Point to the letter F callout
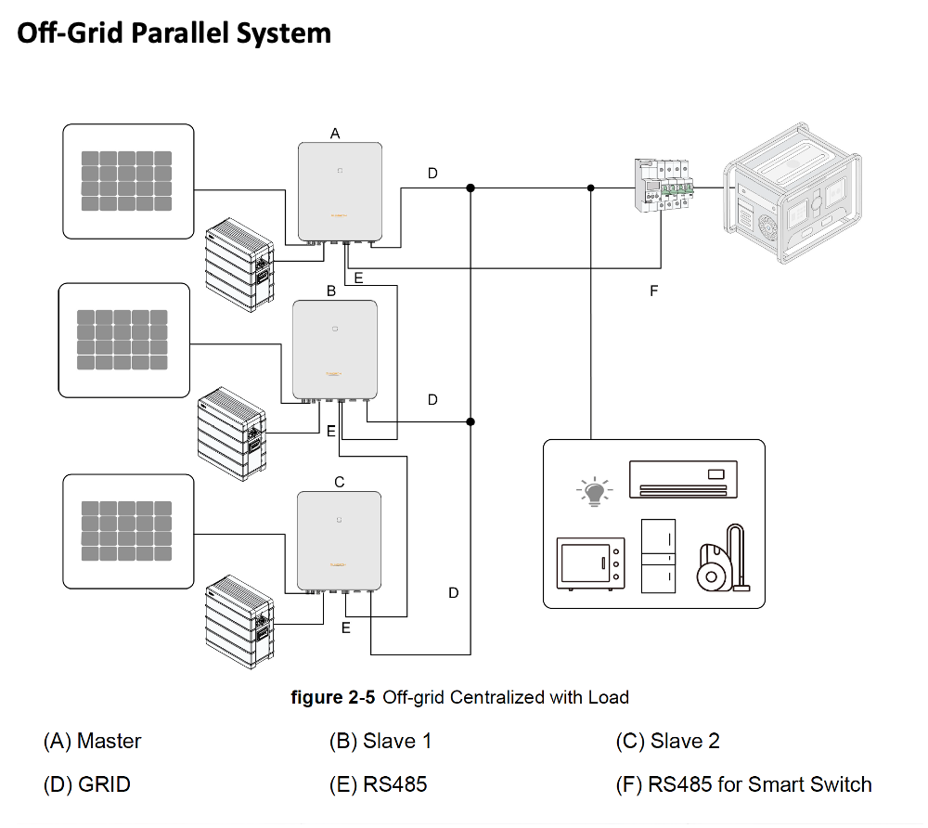click(653, 291)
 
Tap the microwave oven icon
click(588, 563)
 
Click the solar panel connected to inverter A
click(128, 182)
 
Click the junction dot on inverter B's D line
click(470, 422)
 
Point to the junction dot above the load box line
click(591, 188)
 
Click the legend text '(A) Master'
click(93, 741)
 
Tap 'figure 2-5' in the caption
click(332, 697)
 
